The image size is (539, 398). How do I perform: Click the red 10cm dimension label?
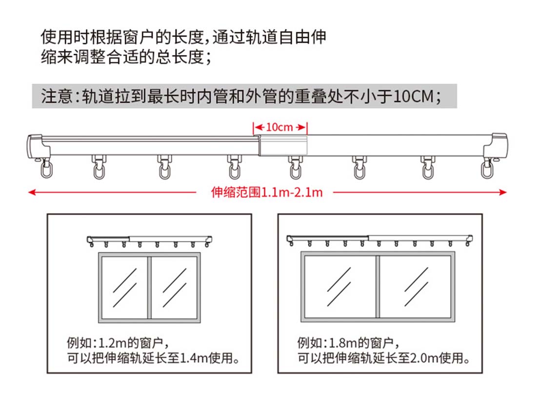(x=279, y=128)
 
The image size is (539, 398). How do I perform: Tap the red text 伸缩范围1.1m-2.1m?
(x=267, y=192)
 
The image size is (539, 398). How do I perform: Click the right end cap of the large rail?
(x=496, y=146)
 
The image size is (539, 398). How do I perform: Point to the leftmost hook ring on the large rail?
(x=46, y=170)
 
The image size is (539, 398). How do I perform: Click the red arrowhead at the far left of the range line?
(x=32, y=192)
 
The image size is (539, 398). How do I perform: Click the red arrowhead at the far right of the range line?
(x=503, y=192)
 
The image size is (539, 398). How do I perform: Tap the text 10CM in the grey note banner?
(x=413, y=96)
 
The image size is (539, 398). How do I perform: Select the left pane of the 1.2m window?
(x=125, y=287)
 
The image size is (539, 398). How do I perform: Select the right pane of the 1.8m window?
(x=415, y=287)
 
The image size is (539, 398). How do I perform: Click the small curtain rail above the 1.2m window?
(x=149, y=241)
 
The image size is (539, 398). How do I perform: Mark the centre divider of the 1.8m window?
(x=378, y=287)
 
